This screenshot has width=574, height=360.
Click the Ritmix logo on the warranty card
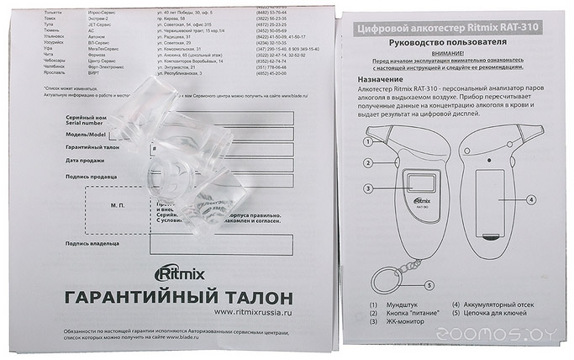tap(178, 274)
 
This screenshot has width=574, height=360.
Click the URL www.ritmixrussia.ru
tap(252, 311)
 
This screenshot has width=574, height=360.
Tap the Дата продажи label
tap(86, 159)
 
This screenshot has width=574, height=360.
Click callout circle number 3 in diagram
tap(368, 188)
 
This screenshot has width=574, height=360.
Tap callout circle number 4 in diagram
tap(531, 200)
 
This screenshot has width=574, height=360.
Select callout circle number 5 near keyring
tap(429, 285)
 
